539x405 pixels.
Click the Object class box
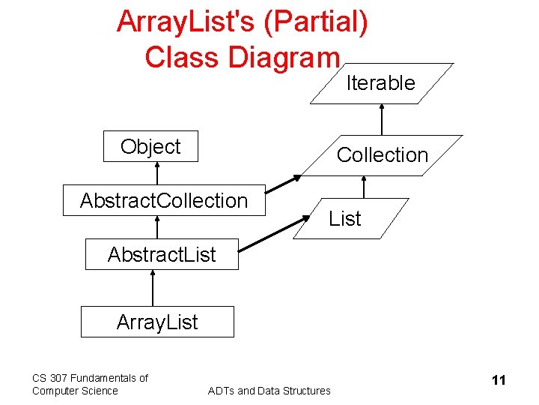click(151, 147)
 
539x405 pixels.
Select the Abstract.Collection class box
click(164, 200)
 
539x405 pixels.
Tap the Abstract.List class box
click(162, 254)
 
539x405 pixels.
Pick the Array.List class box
click(157, 322)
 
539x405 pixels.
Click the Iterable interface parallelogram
click(380, 83)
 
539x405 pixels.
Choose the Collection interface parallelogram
click(382, 155)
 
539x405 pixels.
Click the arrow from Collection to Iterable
click(382, 119)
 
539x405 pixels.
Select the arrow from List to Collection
click(364, 187)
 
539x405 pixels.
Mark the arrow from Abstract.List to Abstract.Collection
click(158, 227)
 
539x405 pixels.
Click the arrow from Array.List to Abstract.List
click(153, 288)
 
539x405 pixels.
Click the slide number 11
click(499, 380)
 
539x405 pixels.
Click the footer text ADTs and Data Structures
click(269, 391)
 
